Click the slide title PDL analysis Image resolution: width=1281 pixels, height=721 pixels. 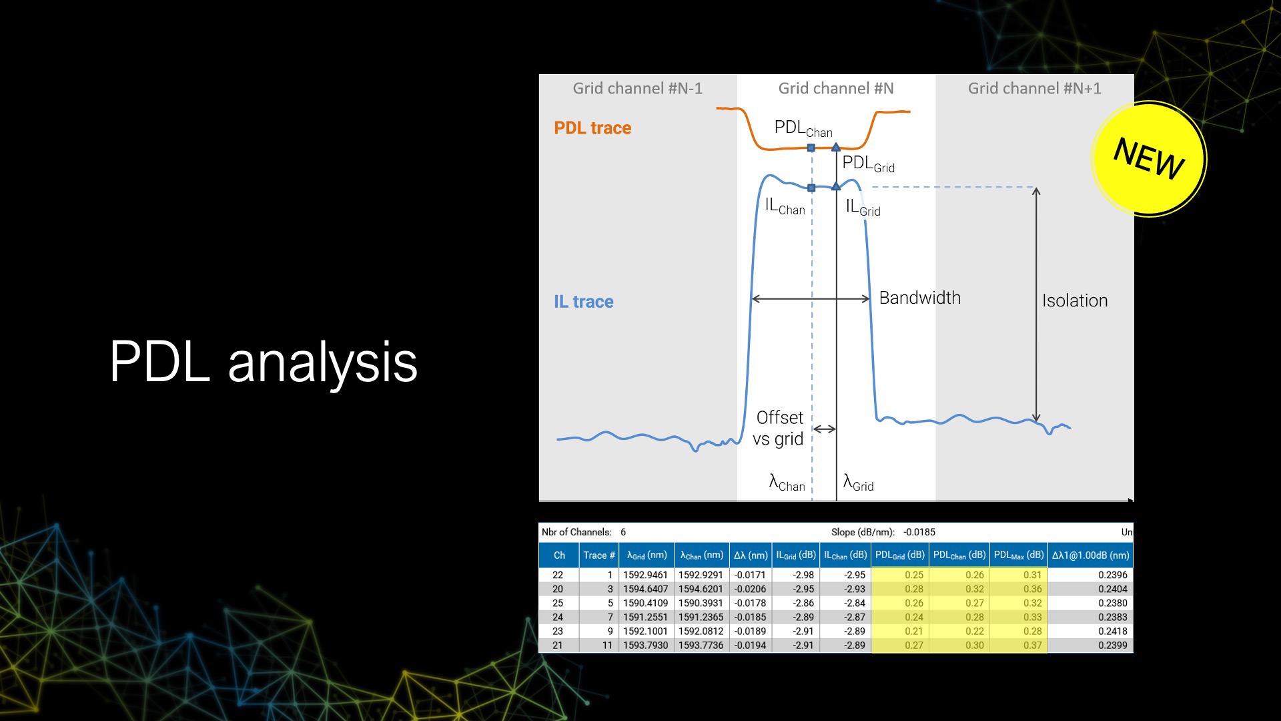pyautogui.click(x=264, y=363)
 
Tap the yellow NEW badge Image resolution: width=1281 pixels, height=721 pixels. pyautogui.click(x=1149, y=159)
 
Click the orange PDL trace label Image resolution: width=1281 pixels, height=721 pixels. pyautogui.click(x=592, y=128)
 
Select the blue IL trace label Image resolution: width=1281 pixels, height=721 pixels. pyautogui.click(x=583, y=302)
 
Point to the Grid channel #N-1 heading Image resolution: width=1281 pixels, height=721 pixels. pyautogui.click(x=637, y=89)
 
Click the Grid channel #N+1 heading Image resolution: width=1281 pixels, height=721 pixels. pyautogui.click(x=1034, y=89)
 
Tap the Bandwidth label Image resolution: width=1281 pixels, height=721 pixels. pyautogui.click(x=919, y=298)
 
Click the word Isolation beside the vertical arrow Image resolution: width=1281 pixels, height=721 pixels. pyautogui.click(x=1074, y=301)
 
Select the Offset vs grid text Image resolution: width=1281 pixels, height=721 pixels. pyautogui.click(x=779, y=429)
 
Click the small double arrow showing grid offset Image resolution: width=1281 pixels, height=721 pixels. pyautogui.click(x=825, y=429)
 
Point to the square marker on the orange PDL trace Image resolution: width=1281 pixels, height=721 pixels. pyautogui.click(x=811, y=148)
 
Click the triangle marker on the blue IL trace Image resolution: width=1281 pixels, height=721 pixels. pyautogui.click(x=836, y=186)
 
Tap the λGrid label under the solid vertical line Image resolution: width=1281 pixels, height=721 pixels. pyautogui.click(x=858, y=483)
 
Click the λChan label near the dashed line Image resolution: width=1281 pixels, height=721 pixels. pyautogui.click(x=787, y=483)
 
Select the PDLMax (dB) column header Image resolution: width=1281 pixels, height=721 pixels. pyautogui.click(x=1018, y=555)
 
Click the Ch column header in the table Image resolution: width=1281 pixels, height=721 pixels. pyautogui.click(x=559, y=555)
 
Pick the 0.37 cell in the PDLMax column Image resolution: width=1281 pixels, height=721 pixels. pyautogui.click(x=1032, y=646)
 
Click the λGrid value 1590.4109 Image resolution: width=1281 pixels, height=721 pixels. pyautogui.click(x=645, y=604)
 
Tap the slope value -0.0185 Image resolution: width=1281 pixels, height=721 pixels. pyautogui.click(x=919, y=533)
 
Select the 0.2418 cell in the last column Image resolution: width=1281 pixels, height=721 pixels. pyautogui.click(x=1112, y=632)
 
